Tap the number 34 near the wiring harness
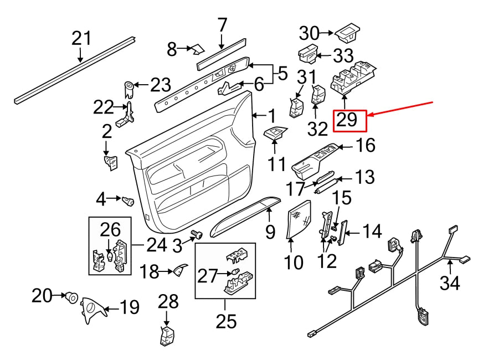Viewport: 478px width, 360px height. (450, 283)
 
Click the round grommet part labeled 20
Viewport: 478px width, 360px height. (71, 297)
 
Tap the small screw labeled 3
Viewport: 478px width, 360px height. (196, 236)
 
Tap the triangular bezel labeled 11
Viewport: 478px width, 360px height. (275, 132)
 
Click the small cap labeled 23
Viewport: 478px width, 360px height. (129, 87)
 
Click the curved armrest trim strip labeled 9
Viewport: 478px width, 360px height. (244, 215)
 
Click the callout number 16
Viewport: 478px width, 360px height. (364, 146)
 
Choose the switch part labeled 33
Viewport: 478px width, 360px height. (308, 54)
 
